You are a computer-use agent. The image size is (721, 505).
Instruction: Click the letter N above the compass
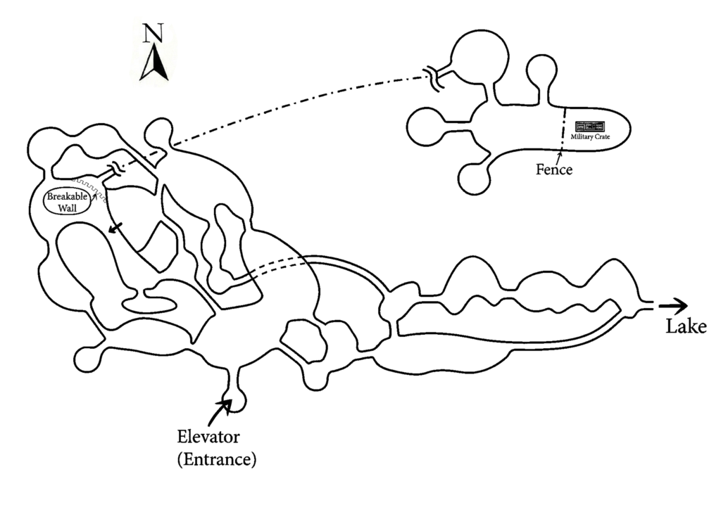[151, 34]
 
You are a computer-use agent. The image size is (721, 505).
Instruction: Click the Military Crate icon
[590, 127]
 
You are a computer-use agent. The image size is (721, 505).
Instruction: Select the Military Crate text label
[590, 136]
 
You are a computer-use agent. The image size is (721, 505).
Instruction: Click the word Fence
[553, 170]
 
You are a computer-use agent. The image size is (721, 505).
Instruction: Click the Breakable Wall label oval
[68, 202]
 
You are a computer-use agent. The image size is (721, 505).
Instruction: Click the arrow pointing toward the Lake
[675, 305]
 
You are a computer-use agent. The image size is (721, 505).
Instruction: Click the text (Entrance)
[217, 461]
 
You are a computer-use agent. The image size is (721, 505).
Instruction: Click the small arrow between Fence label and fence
[560, 157]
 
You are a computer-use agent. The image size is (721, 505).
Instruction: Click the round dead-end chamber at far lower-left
[87, 357]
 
